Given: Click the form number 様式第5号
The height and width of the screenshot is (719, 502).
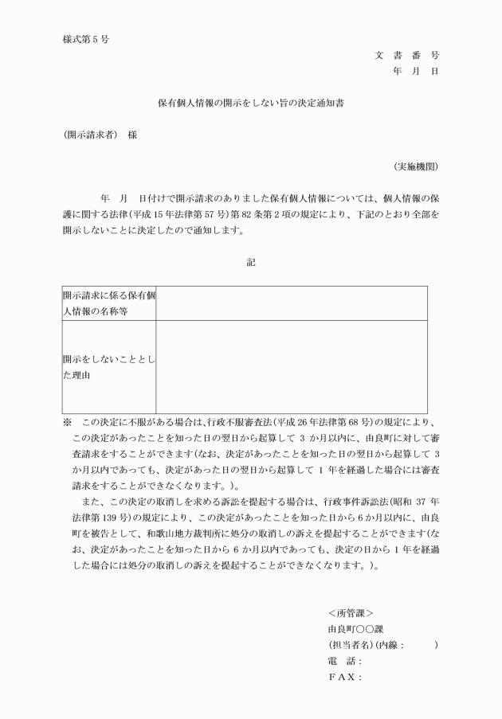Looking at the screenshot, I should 85,40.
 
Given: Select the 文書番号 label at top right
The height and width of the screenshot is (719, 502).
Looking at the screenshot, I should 406,55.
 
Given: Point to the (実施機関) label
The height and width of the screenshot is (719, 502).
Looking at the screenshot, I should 415,166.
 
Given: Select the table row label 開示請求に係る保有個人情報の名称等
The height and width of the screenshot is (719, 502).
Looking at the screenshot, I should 109,303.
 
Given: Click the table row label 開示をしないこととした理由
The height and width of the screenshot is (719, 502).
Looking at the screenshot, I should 109,367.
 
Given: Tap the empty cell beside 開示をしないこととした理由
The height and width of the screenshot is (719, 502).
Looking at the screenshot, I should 291,367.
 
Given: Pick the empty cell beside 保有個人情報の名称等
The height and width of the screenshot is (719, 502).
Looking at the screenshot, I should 291,303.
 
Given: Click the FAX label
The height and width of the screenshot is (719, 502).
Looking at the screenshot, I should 344,678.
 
